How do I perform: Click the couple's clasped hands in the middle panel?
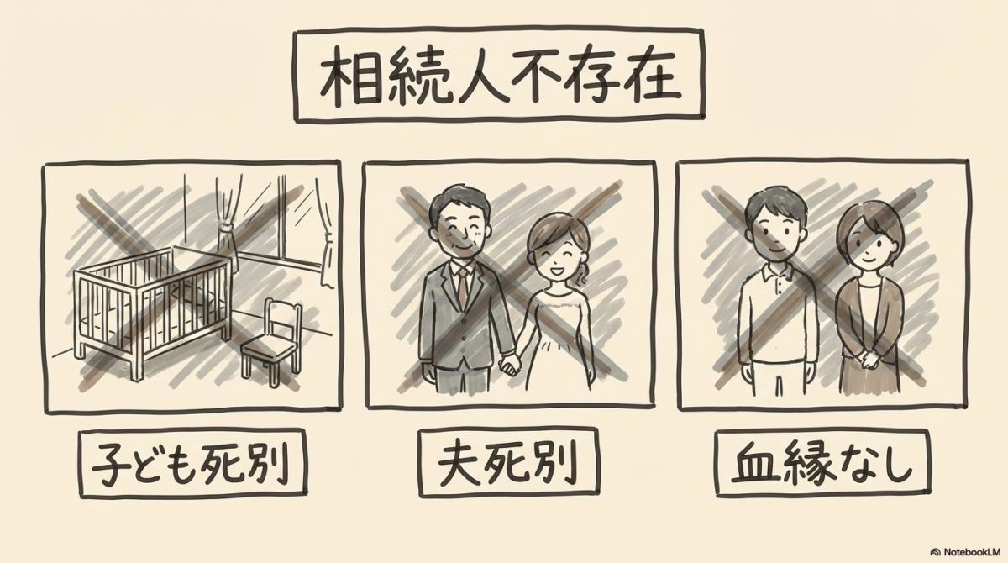click(507, 364)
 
